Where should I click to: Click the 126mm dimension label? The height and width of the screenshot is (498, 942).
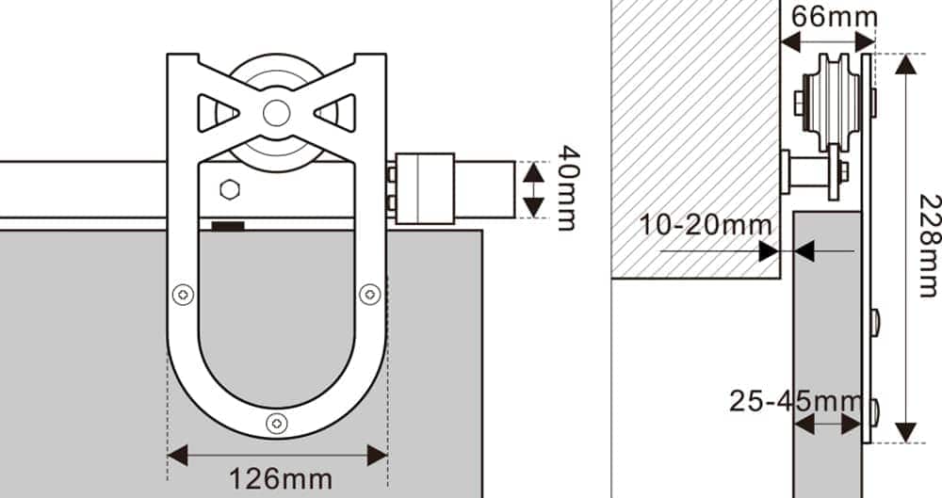coord(280,478)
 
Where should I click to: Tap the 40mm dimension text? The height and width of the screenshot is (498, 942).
coord(568,186)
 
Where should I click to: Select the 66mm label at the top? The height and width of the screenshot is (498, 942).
coord(834,17)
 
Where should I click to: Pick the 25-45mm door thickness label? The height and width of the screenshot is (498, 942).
coord(796,400)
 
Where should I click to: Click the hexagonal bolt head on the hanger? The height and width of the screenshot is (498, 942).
coord(229,189)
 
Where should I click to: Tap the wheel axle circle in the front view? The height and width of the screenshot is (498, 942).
coord(276,113)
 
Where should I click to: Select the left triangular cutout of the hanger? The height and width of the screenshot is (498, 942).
coord(214,113)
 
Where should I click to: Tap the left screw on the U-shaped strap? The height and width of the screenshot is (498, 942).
coord(183,295)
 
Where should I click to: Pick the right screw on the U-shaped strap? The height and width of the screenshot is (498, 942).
coord(370,295)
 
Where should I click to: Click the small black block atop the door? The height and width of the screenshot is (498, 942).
coord(228,226)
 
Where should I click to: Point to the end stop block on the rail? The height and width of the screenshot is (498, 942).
coord(424,189)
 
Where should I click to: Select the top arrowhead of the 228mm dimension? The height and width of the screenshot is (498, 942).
coord(905,64)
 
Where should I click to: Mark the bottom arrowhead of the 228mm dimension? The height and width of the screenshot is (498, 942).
coord(905,432)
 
